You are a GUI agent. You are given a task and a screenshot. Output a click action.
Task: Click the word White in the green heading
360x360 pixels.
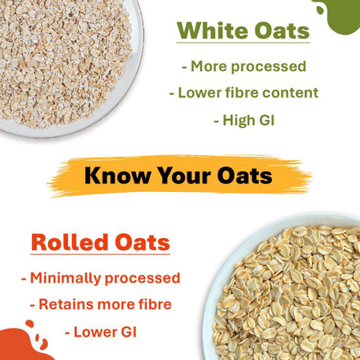click(213, 31)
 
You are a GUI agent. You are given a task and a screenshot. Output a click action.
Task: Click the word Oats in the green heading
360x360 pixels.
click(282, 31)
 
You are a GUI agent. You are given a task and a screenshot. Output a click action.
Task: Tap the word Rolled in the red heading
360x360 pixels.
click(70, 242)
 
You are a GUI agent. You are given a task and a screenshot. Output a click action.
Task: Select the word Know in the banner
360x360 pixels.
click(117, 175)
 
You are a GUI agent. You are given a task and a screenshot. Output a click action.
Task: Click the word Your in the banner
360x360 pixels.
click(184, 176)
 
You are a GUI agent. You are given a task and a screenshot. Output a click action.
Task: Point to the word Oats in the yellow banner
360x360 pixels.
click(244, 175)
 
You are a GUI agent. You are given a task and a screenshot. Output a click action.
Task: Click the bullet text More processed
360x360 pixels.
click(244, 67)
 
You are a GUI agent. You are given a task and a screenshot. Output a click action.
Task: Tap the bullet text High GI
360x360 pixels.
click(244, 120)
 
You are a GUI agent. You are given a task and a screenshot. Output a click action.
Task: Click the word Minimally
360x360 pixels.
click(65, 278)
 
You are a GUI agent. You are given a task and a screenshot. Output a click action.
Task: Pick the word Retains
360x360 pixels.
click(66, 304)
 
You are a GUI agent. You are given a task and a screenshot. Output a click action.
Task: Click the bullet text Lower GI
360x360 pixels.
click(100, 332)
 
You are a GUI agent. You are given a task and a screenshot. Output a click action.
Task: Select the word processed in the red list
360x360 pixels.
click(142, 279)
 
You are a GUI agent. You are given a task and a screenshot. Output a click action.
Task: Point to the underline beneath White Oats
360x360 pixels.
click(243, 43)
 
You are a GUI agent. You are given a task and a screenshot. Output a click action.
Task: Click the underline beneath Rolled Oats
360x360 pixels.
click(100, 254)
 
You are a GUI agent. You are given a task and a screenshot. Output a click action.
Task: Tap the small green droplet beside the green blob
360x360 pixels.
click(320, 10)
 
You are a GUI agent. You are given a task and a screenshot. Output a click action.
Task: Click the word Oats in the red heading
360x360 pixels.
click(142, 242)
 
